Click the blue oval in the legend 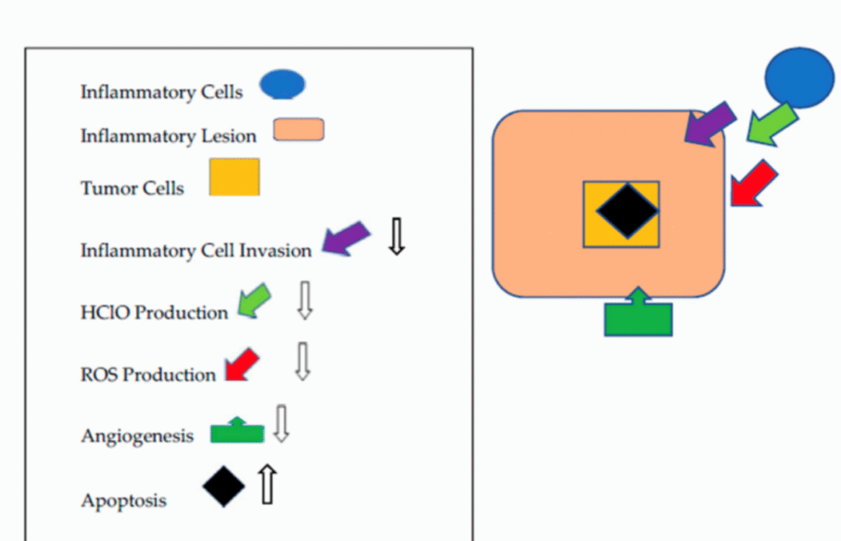pyautogui.click(x=283, y=85)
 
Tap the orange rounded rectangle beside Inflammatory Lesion pyautogui.click(x=298, y=130)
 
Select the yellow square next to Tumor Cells pyautogui.click(x=234, y=177)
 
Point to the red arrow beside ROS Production pyautogui.click(x=241, y=364)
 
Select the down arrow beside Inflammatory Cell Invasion pyautogui.click(x=397, y=236)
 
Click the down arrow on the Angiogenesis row pyautogui.click(x=282, y=423)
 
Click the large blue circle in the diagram pyautogui.click(x=799, y=78)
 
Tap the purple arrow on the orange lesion pyautogui.click(x=710, y=124)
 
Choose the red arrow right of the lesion pyautogui.click(x=753, y=183)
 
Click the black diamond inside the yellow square pyautogui.click(x=627, y=211)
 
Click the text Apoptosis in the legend pyautogui.click(x=123, y=500)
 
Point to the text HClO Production pyautogui.click(x=154, y=313)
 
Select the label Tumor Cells pyautogui.click(x=131, y=188)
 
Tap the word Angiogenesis pyautogui.click(x=137, y=435)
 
